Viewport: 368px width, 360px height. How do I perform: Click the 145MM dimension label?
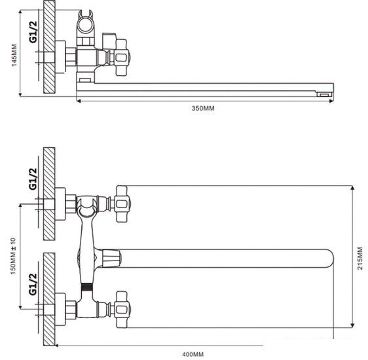point(14,55)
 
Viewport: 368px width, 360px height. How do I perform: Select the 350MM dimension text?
point(203,109)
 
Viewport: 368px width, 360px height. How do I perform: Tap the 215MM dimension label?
point(360,258)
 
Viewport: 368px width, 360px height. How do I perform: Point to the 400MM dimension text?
point(193,354)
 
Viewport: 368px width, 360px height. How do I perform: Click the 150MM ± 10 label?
point(13,256)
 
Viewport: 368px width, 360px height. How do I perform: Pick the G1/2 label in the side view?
point(33,32)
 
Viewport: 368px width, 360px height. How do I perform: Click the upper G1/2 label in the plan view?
point(33,179)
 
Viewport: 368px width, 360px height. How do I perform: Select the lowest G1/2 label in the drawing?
point(33,284)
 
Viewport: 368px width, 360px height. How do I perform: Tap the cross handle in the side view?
point(122,58)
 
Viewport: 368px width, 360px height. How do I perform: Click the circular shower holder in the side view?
point(85,25)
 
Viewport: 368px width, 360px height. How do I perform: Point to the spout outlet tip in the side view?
point(325,94)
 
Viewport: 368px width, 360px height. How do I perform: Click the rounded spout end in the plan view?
point(330,258)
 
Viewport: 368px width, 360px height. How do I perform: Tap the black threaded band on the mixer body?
point(87,287)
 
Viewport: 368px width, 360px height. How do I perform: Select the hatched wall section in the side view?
point(49,46)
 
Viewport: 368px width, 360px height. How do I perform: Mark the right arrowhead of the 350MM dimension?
point(331,101)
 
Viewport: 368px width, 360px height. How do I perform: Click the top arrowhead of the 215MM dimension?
point(352,189)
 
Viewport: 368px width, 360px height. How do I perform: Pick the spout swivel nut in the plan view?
point(112,258)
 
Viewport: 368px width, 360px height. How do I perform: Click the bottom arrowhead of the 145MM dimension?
point(20,94)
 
